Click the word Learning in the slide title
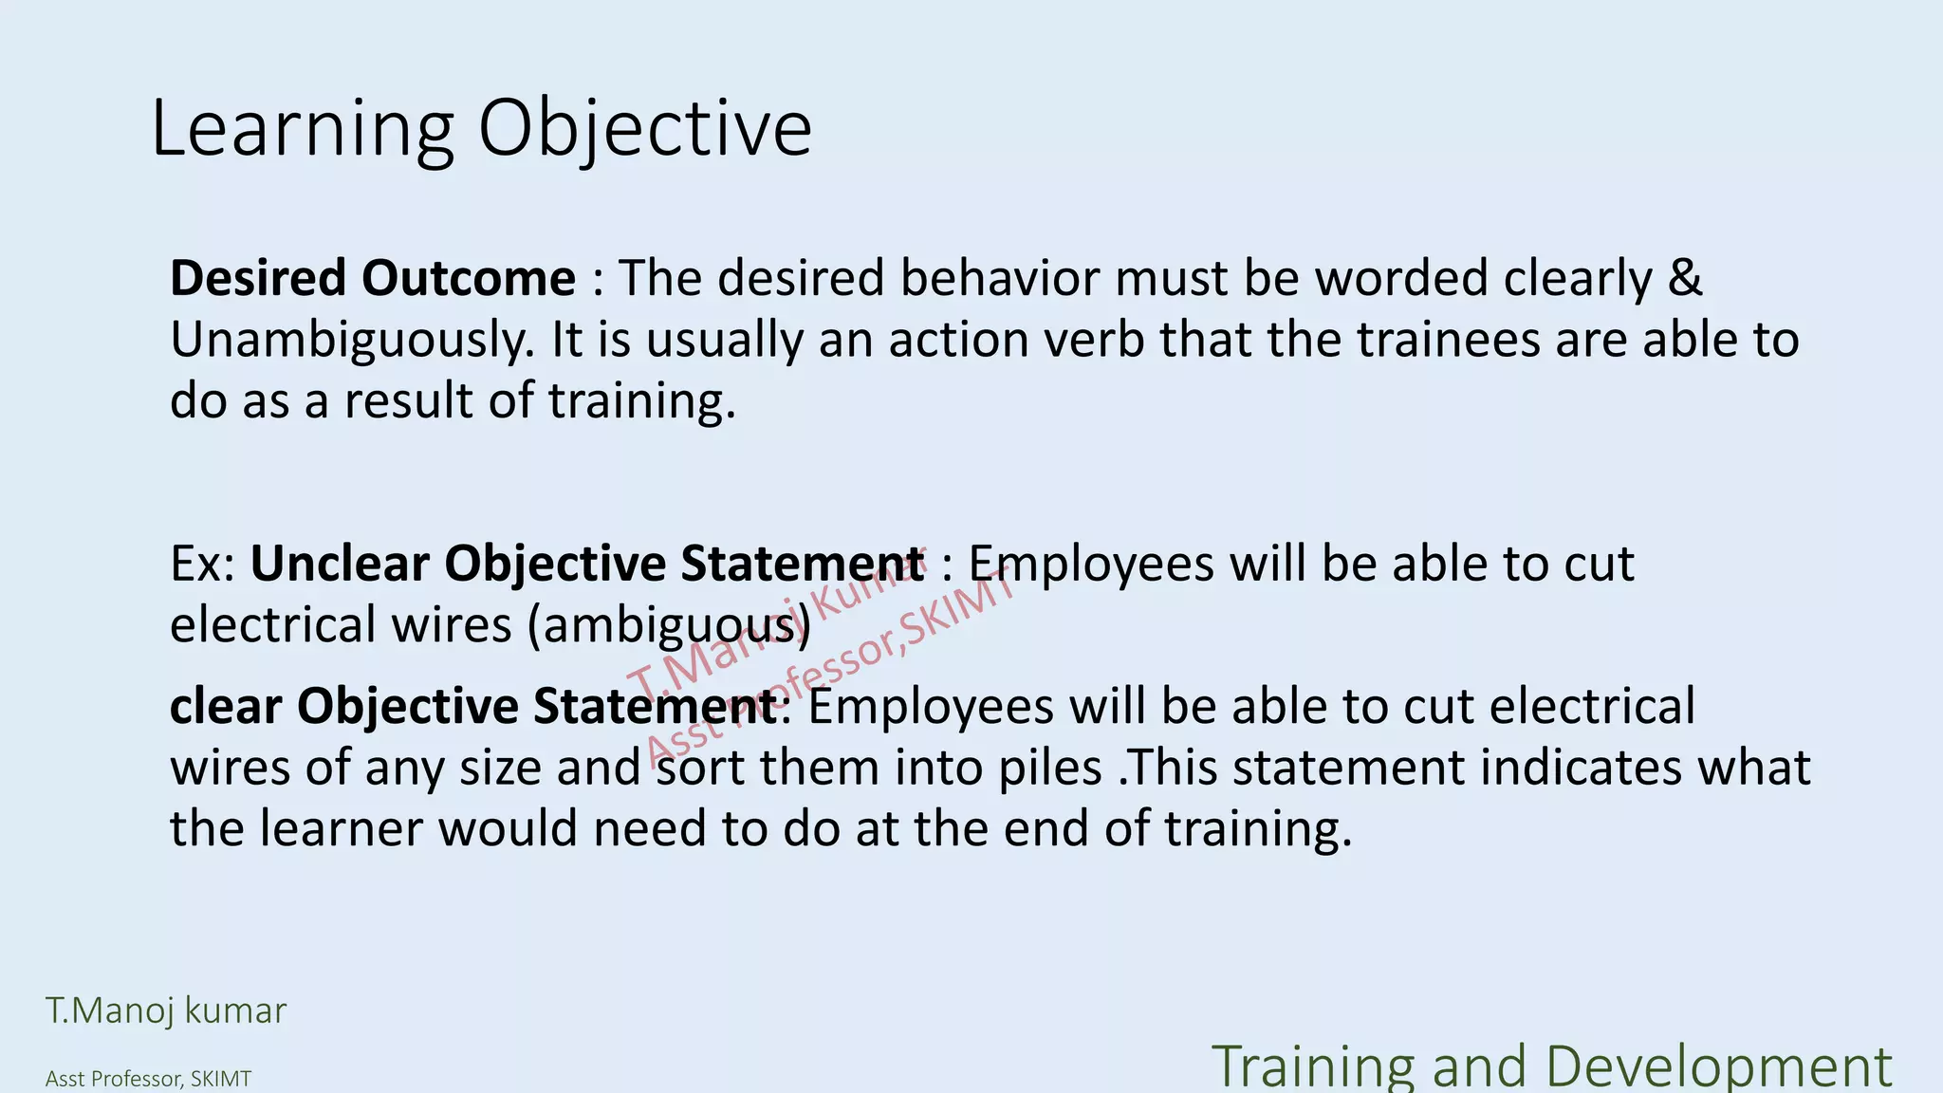303,129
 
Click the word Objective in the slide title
644,129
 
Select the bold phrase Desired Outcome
373,278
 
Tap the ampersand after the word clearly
1685,278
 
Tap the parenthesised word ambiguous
669,625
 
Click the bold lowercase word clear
225,706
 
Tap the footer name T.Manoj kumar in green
166,1010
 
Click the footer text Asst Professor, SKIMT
148,1079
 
